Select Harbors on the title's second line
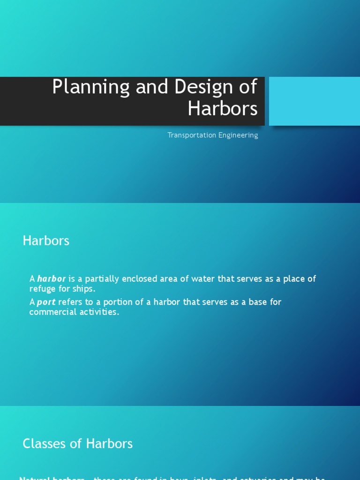point(223,108)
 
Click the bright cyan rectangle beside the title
point(314,101)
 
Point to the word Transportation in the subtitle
point(189,135)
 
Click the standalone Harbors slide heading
point(46,241)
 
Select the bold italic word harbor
point(52,279)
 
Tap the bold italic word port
point(46,302)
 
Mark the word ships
point(84,289)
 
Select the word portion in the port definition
point(120,302)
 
